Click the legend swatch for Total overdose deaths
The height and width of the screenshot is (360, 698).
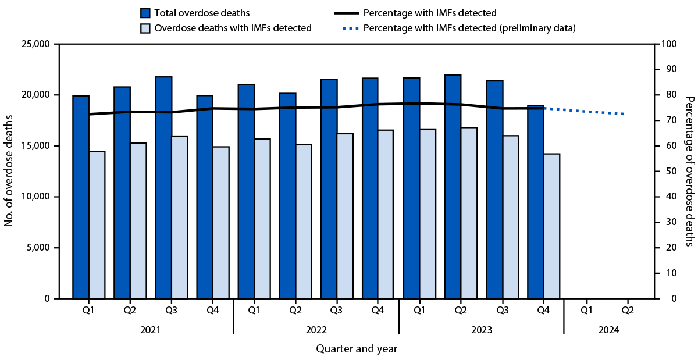[x=146, y=12]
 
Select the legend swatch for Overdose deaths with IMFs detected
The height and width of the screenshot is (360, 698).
[x=146, y=28]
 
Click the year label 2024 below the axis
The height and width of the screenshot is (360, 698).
[x=607, y=330]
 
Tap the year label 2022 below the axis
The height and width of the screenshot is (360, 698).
[x=316, y=330]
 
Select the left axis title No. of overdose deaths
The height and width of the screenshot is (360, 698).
[x=9, y=171]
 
